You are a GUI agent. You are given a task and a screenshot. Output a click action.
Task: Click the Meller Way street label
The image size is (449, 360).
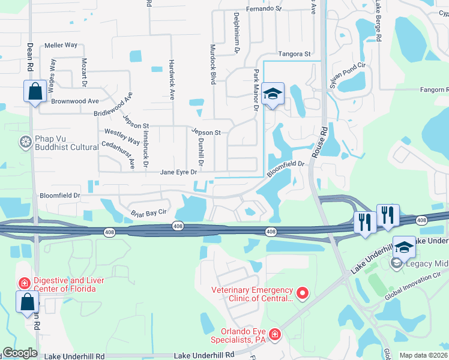click(x=61, y=45)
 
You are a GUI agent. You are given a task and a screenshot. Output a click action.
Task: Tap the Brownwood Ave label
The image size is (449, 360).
click(x=75, y=101)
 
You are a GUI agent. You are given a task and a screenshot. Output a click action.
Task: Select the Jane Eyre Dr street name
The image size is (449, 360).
click(x=178, y=172)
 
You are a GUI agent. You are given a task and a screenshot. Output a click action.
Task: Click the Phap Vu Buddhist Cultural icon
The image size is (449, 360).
click(x=25, y=142)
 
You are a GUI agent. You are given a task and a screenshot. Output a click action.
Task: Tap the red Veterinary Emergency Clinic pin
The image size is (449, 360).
click(x=303, y=293)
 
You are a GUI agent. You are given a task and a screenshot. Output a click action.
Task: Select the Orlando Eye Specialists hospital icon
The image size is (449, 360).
click(x=275, y=334)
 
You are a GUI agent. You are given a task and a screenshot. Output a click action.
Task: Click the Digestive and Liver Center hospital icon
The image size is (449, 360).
click(x=25, y=282)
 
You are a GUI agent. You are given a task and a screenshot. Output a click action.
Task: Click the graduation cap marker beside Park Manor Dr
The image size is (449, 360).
click(x=273, y=94)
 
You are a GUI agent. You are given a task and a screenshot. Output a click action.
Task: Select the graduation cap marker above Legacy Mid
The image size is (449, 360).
click(x=404, y=248)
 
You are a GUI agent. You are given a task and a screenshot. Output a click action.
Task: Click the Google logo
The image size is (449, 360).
click(x=19, y=353)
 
